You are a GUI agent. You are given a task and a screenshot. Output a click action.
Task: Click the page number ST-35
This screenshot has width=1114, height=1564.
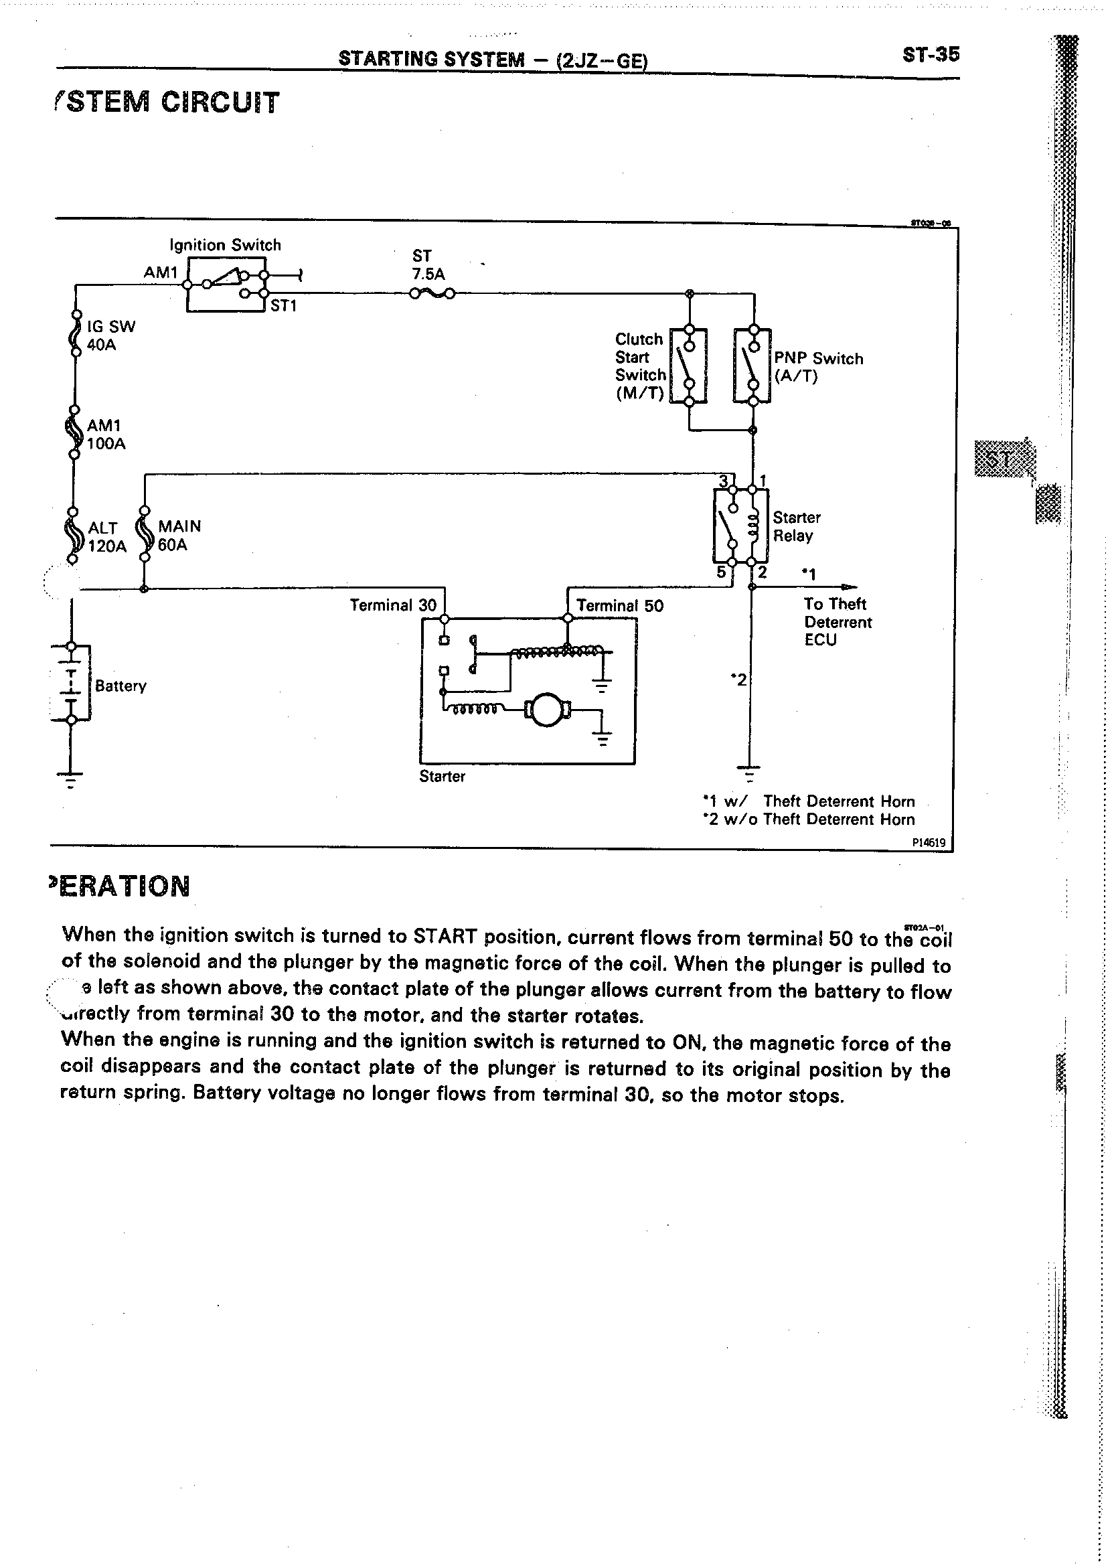(x=931, y=56)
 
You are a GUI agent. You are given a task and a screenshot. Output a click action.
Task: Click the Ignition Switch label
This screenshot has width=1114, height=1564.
(x=225, y=245)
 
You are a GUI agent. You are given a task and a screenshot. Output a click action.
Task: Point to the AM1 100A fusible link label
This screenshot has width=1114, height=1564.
(x=106, y=435)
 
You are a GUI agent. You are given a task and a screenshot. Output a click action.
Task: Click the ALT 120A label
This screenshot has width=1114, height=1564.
(x=107, y=537)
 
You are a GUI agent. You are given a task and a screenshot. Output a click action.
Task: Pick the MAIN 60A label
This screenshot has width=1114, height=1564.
(x=178, y=536)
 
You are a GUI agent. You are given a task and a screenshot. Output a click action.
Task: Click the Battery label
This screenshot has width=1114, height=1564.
(x=121, y=686)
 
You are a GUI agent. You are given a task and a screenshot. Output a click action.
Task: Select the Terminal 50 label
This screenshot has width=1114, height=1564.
(x=619, y=606)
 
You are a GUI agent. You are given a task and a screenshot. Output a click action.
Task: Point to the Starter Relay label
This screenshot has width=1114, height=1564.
(x=796, y=527)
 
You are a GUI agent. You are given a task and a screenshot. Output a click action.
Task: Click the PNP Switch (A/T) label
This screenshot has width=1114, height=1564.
(x=817, y=368)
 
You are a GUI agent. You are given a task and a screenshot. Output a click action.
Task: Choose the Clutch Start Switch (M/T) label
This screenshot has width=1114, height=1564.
(x=639, y=366)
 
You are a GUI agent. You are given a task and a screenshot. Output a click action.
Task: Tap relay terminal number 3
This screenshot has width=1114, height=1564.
(x=722, y=481)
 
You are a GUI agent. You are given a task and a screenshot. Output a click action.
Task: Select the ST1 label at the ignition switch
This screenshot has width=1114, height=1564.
(x=283, y=306)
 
